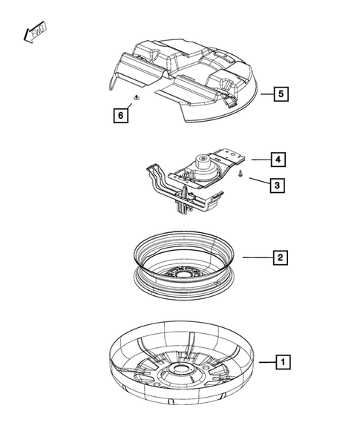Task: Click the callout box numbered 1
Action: click(281, 362)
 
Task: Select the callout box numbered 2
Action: click(280, 257)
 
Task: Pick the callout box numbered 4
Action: click(276, 159)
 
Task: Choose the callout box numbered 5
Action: click(279, 94)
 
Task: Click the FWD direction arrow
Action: click(33, 31)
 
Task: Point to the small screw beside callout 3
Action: click(242, 174)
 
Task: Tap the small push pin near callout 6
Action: click(136, 97)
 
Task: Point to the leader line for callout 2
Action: click(257, 257)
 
